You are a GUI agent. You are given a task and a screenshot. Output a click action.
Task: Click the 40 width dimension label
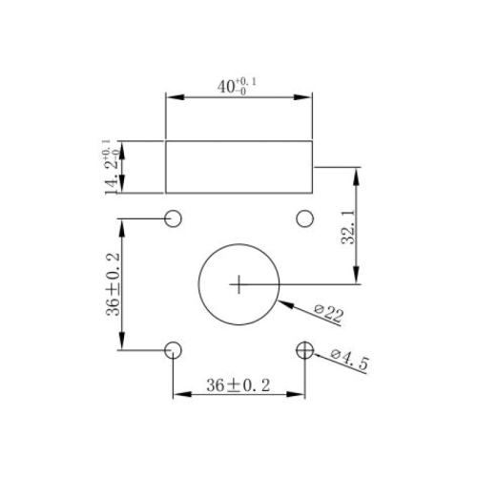pyautogui.click(x=237, y=86)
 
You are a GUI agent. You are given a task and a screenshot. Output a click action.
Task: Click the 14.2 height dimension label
pyautogui.click(x=111, y=167)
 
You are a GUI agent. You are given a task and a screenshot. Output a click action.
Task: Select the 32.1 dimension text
pyautogui.click(x=347, y=226)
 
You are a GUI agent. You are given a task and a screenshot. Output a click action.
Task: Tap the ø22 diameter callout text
pyautogui.click(x=329, y=314)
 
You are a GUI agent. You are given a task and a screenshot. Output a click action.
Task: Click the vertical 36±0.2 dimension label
pyautogui.click(x=114, y=284)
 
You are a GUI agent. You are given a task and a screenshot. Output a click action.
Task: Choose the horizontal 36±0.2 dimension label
pyautogui.click(x=238, y=385)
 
